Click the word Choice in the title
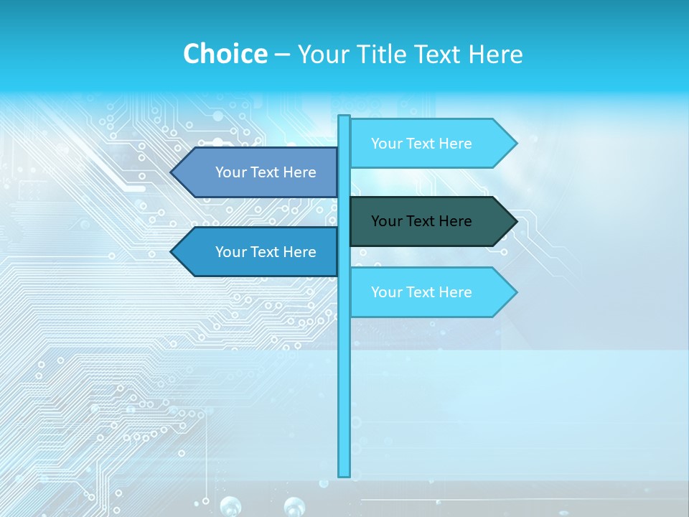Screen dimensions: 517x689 click(x=225, y=54)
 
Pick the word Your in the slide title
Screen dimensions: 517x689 click(x=324, y=54)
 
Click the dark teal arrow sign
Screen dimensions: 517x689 click(x=423, y=221)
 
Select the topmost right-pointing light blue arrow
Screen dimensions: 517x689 click(x=423, y=144)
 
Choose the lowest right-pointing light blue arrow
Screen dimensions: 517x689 click(x=423, y=292)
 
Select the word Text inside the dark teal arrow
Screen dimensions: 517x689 click(x=422, y=221)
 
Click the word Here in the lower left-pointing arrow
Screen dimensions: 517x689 click(x=300, y=252)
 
